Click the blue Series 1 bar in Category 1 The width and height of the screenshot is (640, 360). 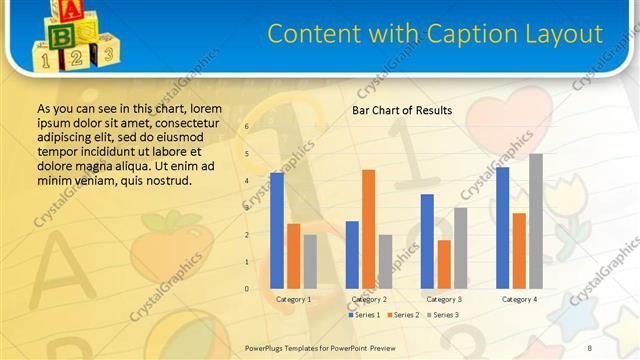click(x=277, y=231)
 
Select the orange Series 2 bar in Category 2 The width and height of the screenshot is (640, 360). click(x=368, y=229)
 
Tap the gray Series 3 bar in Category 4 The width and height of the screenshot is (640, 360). click(x=536, y=221)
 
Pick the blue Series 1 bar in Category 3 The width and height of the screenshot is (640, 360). click(x=427, y=241)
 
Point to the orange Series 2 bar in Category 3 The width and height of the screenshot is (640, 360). click(x=444, y=264)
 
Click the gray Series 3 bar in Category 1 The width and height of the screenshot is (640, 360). click(x=310, y=261)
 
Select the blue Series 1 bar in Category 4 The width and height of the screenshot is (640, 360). click(x=502, y=228)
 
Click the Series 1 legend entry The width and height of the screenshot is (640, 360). click(x=363, y=315)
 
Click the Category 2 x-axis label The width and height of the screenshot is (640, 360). click(x=369, y=299)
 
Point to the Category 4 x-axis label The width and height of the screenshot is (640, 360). click(x=519, y=299)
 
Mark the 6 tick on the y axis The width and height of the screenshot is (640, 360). click(x=247, y=127)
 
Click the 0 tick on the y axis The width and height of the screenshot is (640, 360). click(x=247, y=289)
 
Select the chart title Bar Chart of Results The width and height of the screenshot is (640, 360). click(x=402, y=110)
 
